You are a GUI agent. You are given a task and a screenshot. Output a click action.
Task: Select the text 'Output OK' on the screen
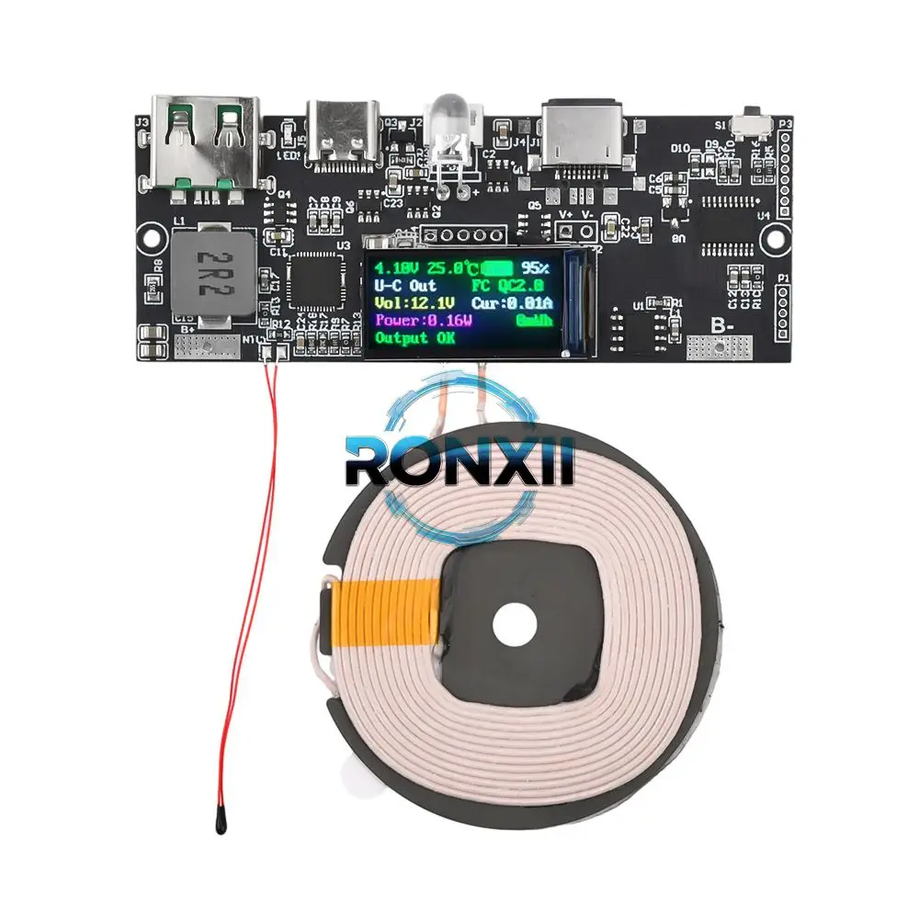(414, 337)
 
